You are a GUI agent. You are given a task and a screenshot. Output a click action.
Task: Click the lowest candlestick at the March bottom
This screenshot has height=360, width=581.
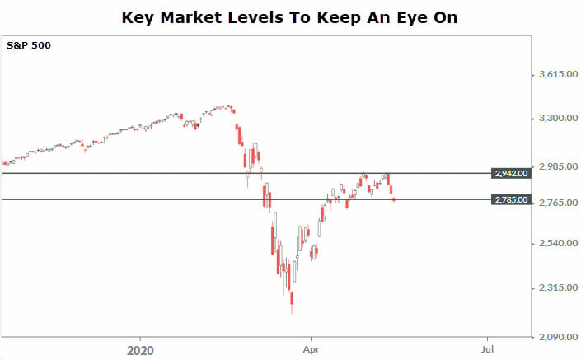coord(292,302)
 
